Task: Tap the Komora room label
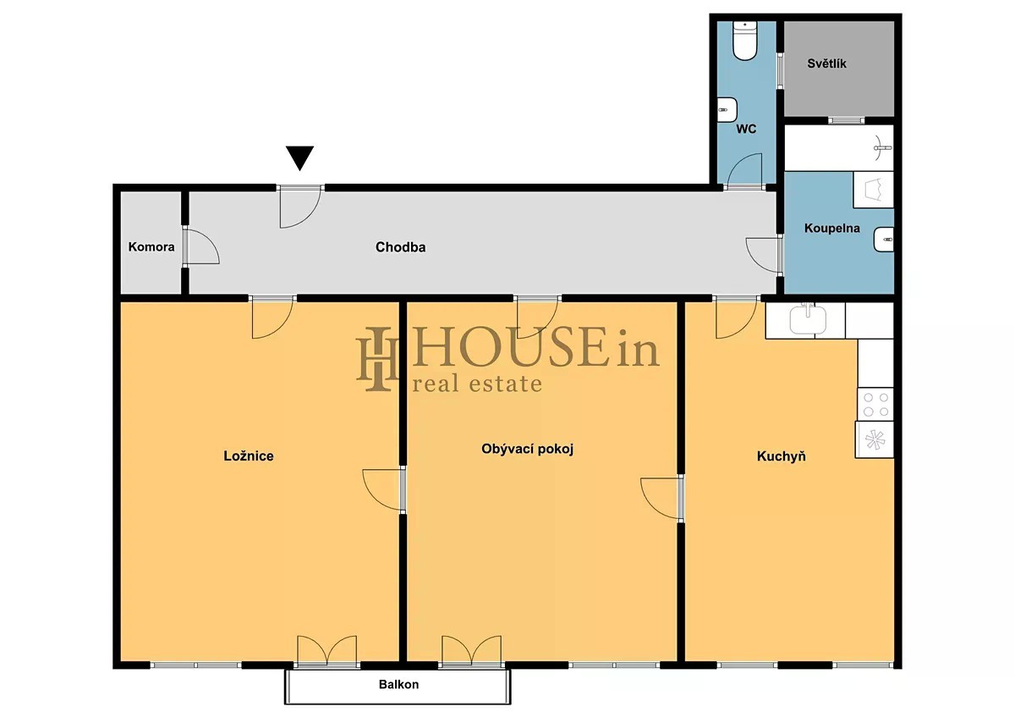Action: (x=151, y=246)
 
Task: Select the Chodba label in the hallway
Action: (x=401, y=247)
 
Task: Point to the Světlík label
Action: (x=826, y=64)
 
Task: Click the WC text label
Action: (x=746, y=129)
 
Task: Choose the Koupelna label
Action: (x=832, y=228)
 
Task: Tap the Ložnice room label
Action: (x=249, y=456)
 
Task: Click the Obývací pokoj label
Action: (x=528, y=449)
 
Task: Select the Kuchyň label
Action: (x=782, y=456)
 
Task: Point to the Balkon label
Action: (x=398, y=684)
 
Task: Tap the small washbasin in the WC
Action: (x=727, y=109)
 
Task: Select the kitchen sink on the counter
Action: (x=808, y=319)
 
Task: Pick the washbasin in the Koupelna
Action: (x=884, y=239)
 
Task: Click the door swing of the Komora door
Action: (x=201, y=246)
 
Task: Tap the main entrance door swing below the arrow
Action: (x=300, y=207)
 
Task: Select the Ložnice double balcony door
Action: (x=326, y=651)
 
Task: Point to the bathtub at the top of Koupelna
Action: (x=839, y=148)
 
